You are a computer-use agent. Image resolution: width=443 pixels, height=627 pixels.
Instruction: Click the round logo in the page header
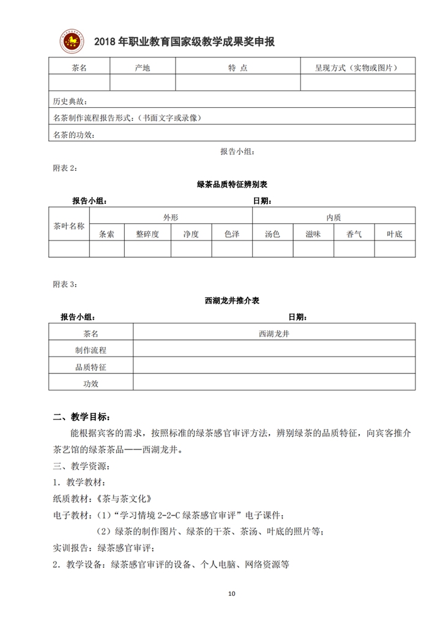73,40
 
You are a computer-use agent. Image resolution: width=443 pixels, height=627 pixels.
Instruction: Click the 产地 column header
142,68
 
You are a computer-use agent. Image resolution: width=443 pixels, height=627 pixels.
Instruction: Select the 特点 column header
237,68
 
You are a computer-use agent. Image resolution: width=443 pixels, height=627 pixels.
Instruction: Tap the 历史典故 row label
71,101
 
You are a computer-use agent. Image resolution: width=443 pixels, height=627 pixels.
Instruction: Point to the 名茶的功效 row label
75,135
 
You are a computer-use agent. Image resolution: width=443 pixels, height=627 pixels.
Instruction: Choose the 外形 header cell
171,217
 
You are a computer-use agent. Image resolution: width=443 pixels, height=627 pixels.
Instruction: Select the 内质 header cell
333,217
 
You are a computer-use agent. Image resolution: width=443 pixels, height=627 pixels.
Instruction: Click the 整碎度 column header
147,234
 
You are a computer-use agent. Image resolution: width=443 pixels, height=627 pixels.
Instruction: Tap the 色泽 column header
232,234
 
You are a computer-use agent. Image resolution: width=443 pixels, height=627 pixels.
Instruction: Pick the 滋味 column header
313,234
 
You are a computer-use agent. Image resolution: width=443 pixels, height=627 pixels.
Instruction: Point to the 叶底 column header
395,234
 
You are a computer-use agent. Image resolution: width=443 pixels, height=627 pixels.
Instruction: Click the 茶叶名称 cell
69,225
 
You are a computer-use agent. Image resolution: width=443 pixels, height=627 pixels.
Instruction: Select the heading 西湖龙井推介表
232,301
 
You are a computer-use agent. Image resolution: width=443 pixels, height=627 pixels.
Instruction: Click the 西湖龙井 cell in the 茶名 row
274,334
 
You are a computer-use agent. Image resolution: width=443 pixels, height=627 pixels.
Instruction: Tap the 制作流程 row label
91,350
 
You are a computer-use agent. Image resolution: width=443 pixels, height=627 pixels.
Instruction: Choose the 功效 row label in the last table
91,383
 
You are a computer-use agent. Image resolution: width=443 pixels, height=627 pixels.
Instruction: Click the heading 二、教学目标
81,418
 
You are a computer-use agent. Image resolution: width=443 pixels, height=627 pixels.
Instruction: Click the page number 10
231,593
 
